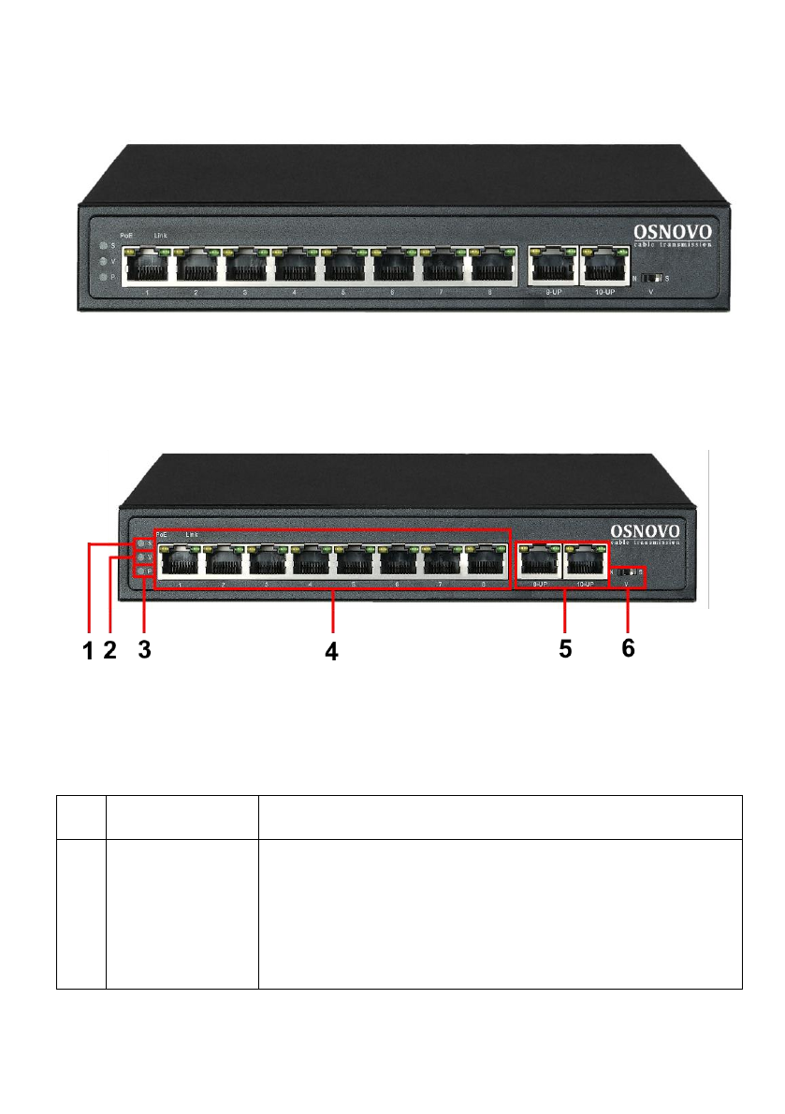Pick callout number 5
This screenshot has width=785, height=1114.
coord(565,648)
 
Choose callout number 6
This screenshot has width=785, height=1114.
coord(628,648)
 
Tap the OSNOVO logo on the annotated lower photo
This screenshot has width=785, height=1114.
coord(646,530)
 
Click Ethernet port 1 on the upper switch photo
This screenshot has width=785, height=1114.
coord(146,267)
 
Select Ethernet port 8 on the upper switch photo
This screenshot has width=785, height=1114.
coord(493,267)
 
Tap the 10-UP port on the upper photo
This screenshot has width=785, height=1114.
coord(603,266)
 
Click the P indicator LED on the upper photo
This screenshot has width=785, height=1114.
coord(103,279)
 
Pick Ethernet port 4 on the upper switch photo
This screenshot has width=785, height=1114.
coord(295,267)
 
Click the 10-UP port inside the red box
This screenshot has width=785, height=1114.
coord(583,562)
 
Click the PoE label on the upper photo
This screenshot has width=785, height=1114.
coord(126,235)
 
